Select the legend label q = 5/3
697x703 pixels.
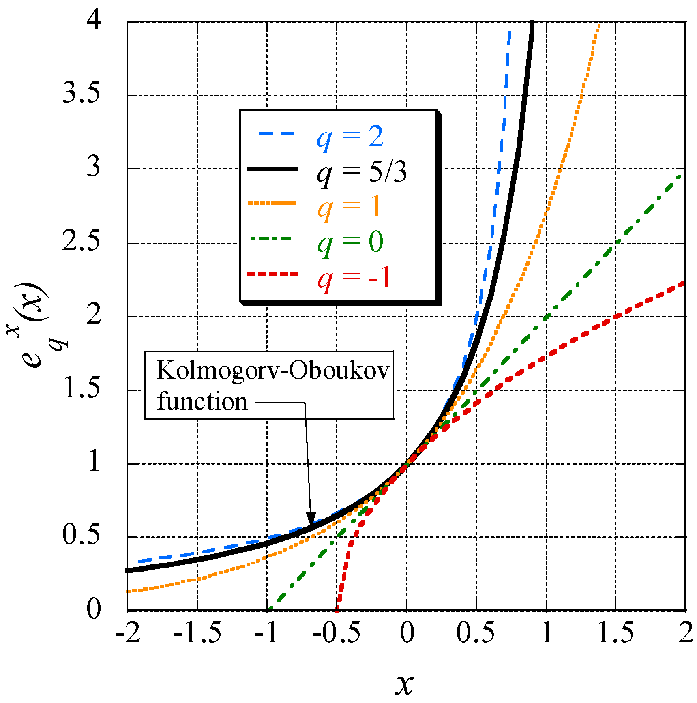click(x=361, y=172)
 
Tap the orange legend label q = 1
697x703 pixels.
click(x=350, y=207)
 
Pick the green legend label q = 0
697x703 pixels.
click(x=350, y=242)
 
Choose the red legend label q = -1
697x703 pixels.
click(x=354, y=278)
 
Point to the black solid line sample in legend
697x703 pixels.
click(x=272, y=169)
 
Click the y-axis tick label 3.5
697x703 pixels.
click(x=81, y=93)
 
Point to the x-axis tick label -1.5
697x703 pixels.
click(x=197, y=632)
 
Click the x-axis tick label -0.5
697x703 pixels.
click(x=336, y=632)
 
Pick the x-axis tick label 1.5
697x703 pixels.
click(x=616, y=632)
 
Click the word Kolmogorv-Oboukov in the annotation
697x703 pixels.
click(x=273, y=370)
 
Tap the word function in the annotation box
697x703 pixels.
click(x=202, y=402)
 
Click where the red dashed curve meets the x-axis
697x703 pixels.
click(x=337, y=609)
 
